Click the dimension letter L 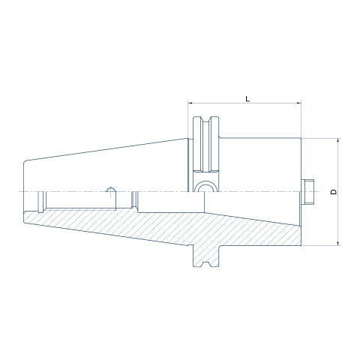(247, 99)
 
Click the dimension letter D (334, 192)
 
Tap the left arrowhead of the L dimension (190, 103)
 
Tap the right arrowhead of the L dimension (298, 103)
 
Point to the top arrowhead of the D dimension (338, 140)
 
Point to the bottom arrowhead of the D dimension (338, 243)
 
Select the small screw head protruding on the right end (307, 192)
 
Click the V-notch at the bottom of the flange (206, 264)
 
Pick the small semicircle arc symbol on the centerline (110, 190)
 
